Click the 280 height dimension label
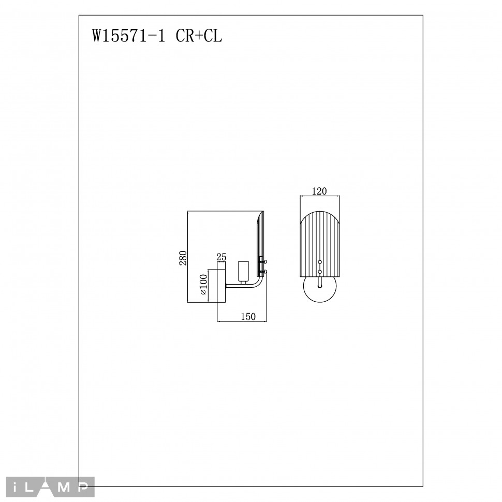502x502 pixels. (183, 258)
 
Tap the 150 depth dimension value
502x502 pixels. (248, 317)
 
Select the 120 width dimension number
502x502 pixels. (319, 191)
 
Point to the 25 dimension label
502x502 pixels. (222, 257)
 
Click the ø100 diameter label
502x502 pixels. (203, 284)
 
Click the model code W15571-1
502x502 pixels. (129, 36)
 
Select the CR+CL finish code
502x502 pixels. (199, 36)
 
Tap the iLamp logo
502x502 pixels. (50, 487)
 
